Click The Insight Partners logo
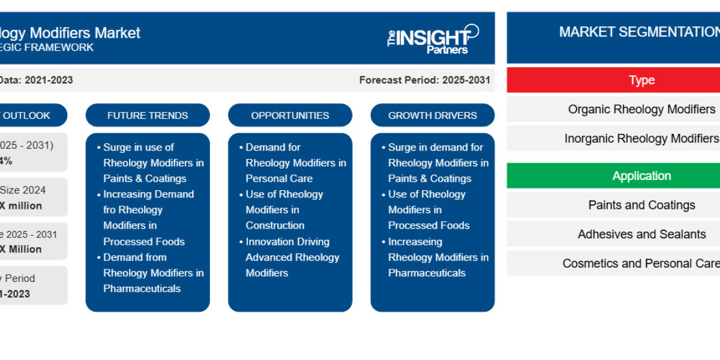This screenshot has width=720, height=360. coord(433,39)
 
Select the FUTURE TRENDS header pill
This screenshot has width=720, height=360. coord(148,115)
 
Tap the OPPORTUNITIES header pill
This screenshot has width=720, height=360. coord(290,115)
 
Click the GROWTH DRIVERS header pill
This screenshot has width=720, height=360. coord(432,115)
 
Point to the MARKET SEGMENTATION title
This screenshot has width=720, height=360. coord(639,32)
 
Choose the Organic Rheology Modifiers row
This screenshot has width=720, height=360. coord(641,109)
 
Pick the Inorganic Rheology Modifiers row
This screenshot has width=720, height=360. coord(641,139)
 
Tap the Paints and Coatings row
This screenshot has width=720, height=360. coord(641,205)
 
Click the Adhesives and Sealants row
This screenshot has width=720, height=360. coord(641,234)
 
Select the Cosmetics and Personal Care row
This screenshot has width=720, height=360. coord(641,263)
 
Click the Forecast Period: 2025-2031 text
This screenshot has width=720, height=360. coord(424,80)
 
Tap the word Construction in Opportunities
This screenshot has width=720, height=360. coord(275,226)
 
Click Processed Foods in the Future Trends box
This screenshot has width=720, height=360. coord(144,242)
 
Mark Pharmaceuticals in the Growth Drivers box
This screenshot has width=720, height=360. coord(427,273)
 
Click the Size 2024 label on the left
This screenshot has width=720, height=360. coord(23,190)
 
